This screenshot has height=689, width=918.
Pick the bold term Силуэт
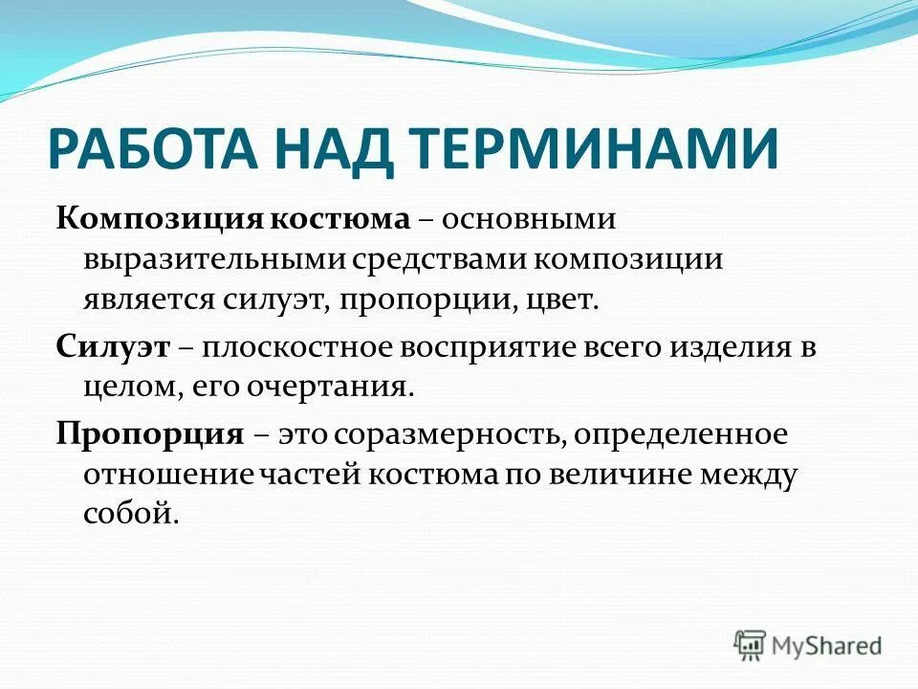[113, 347]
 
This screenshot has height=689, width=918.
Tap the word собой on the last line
[130, 513]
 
